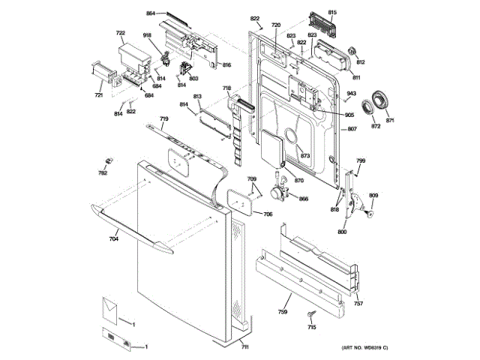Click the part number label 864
(151, 14)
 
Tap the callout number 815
(333, 13)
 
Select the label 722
(120, 32)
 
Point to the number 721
(98, 95)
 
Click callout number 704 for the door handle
(114, 239)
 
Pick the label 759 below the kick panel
(283, 311)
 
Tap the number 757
(358, 303)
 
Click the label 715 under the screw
(311, 327)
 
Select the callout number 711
(245, 347)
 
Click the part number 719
(163, 120)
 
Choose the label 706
(268, 214)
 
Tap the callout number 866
(304, 199)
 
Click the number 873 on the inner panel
(305, 155)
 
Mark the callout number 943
(351, 93)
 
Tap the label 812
(360, 62)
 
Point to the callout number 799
(361, 161)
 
